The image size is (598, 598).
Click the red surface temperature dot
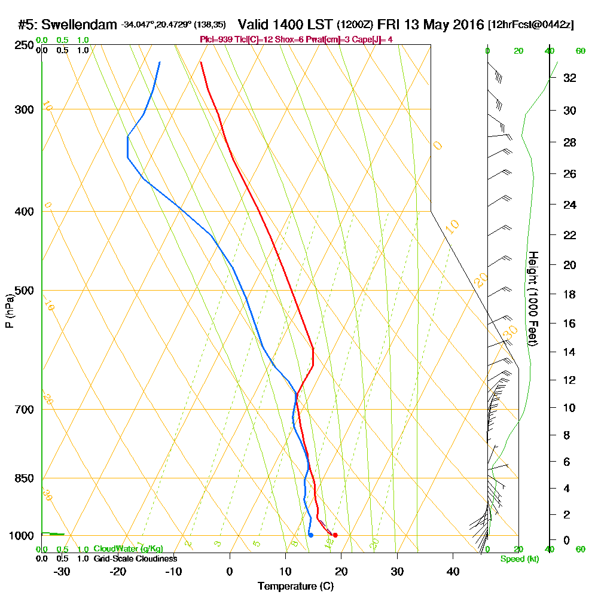335,535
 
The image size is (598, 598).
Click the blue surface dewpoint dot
310,535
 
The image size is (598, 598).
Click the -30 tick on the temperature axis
62,572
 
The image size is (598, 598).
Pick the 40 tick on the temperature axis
453,572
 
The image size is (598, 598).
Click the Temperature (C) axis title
295,587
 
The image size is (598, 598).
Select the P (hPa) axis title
9,310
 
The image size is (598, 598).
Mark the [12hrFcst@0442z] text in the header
530,25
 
